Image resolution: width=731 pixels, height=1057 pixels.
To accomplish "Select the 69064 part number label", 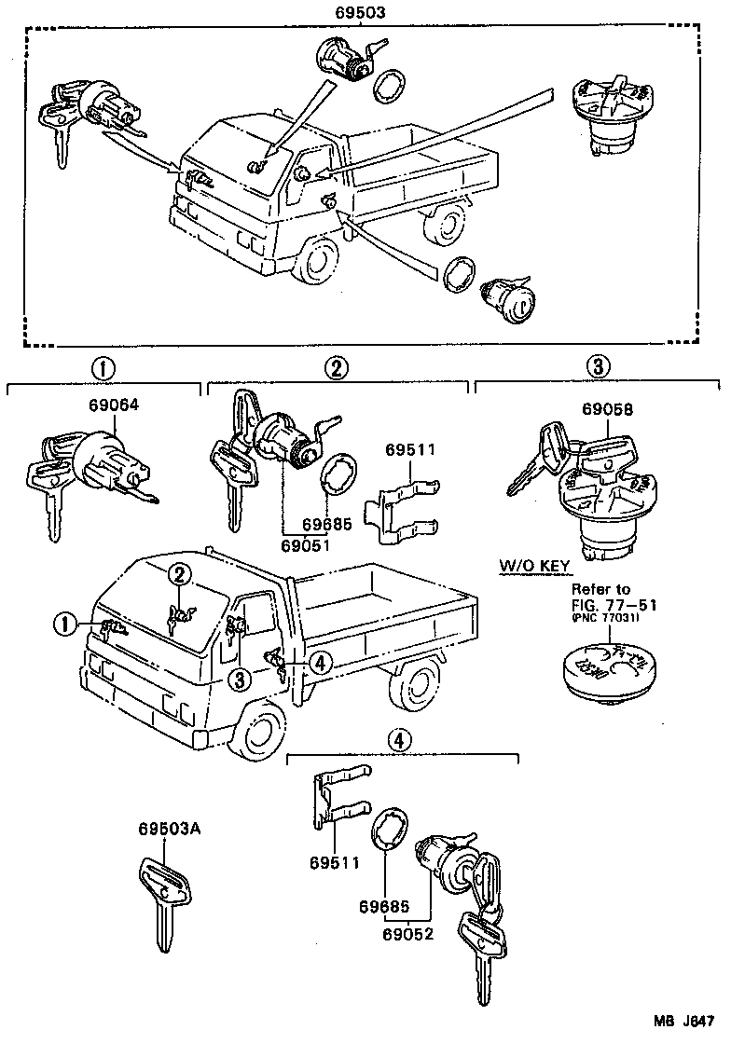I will point(113,406).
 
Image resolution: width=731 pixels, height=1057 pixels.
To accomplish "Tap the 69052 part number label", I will point(407,931).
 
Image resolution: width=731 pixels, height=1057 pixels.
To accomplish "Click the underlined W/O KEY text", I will point(534,566).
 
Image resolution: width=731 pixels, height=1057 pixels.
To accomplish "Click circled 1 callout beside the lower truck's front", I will point(64,625).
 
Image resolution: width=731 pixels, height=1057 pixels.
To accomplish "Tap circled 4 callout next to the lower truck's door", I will point(318,662).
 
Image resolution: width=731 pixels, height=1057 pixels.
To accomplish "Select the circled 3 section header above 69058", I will point(599,367).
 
